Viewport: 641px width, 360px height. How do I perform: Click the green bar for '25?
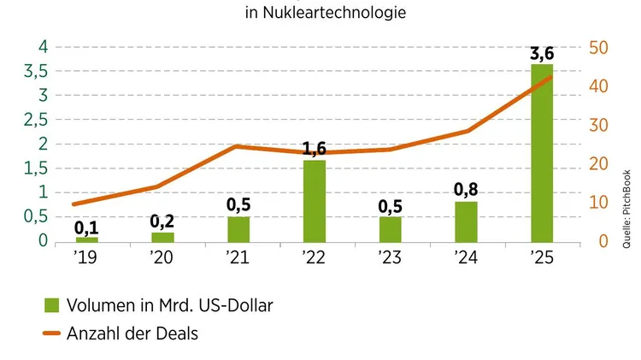click(542, 153)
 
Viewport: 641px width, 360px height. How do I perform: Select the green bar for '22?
click(315, 201)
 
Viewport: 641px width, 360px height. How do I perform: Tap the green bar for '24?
click(466, 221)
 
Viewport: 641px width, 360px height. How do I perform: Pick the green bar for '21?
click(238, 229)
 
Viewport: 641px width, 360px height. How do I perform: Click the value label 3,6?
click(542, 55)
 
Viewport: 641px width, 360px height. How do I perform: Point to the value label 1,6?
click(315, 150)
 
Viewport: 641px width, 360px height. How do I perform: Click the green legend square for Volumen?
click(51, 304)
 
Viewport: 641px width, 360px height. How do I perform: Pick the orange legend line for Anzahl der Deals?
click(51, 333)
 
